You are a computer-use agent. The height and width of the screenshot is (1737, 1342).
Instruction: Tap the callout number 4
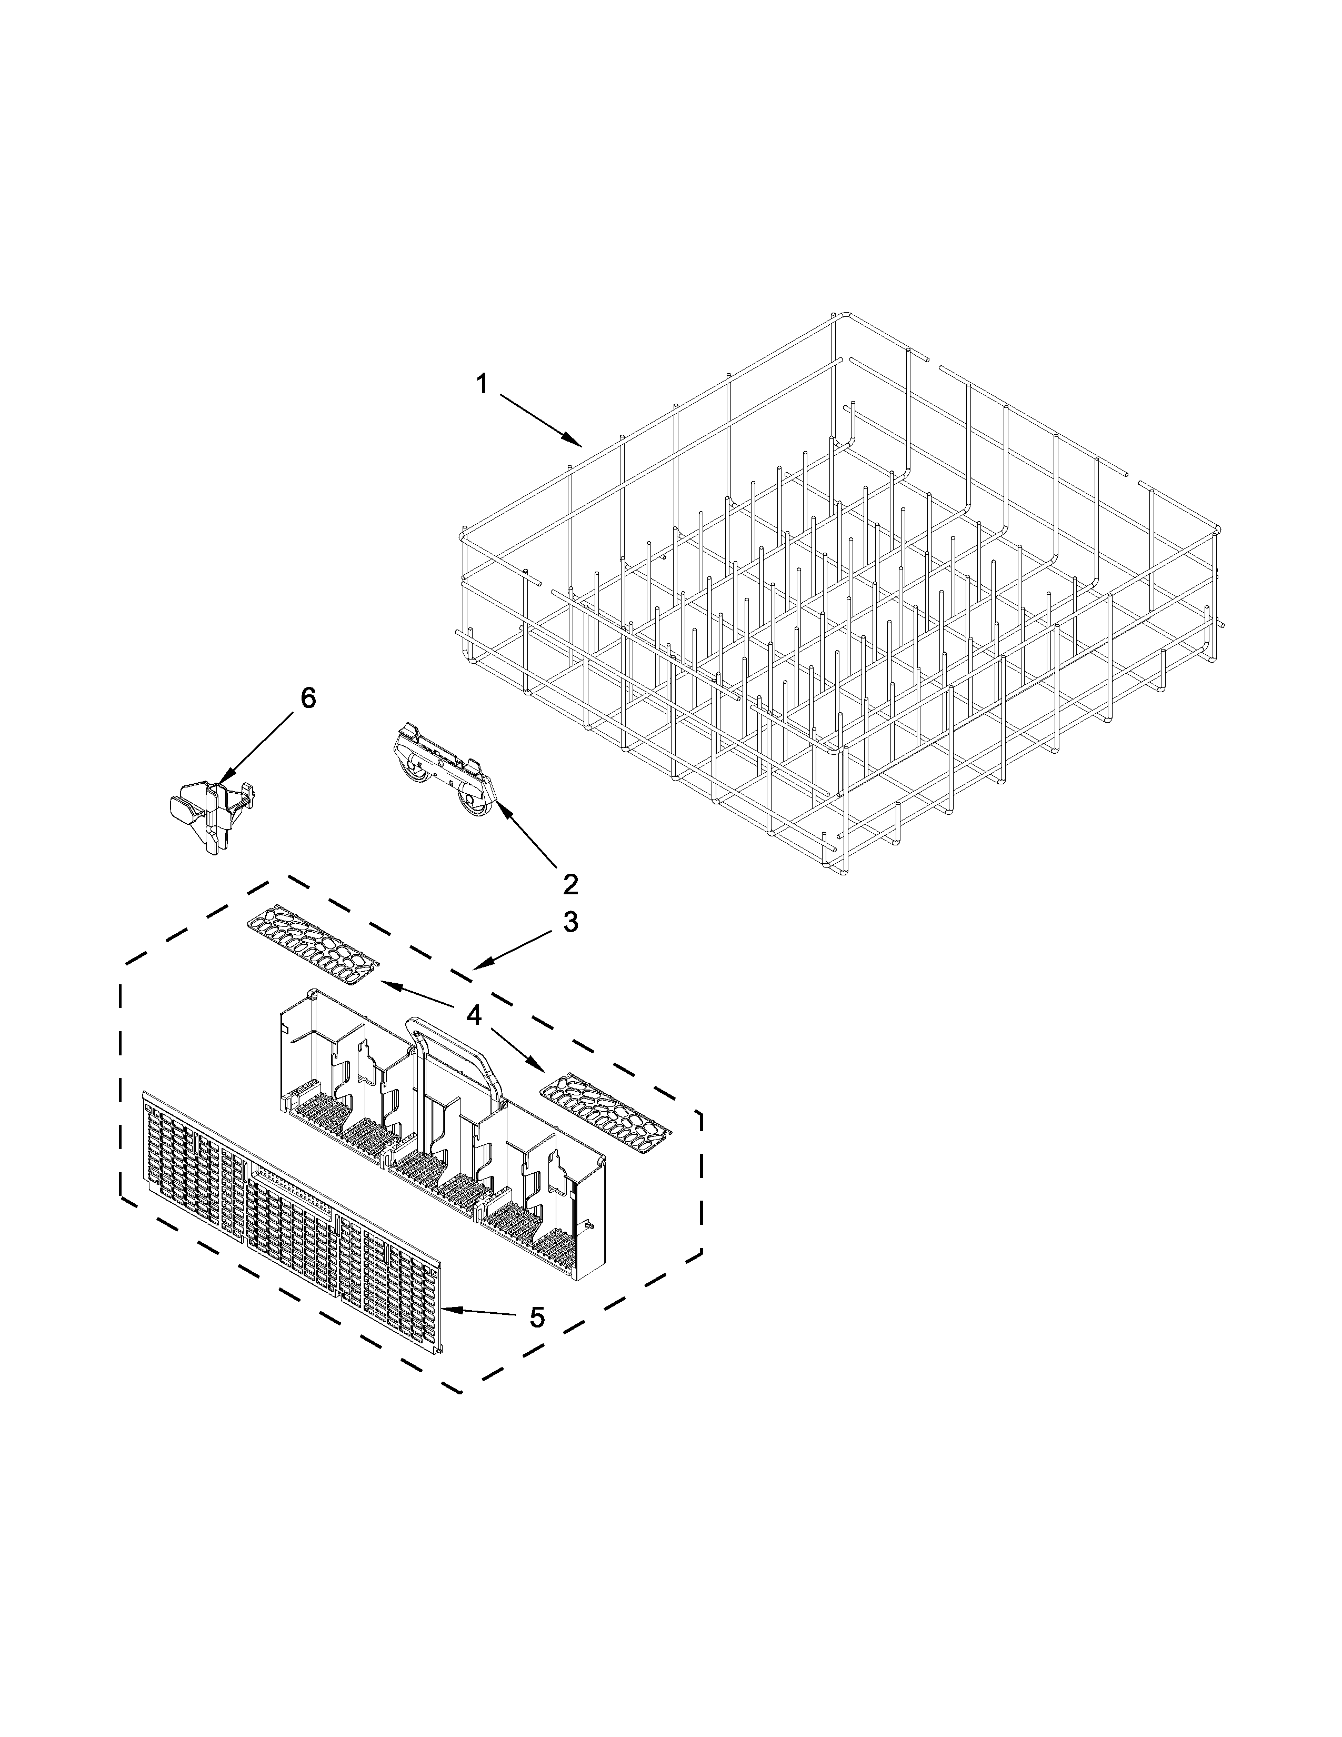[x=474, y=1015]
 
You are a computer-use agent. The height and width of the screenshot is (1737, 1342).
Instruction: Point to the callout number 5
[x=537, y=1318]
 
